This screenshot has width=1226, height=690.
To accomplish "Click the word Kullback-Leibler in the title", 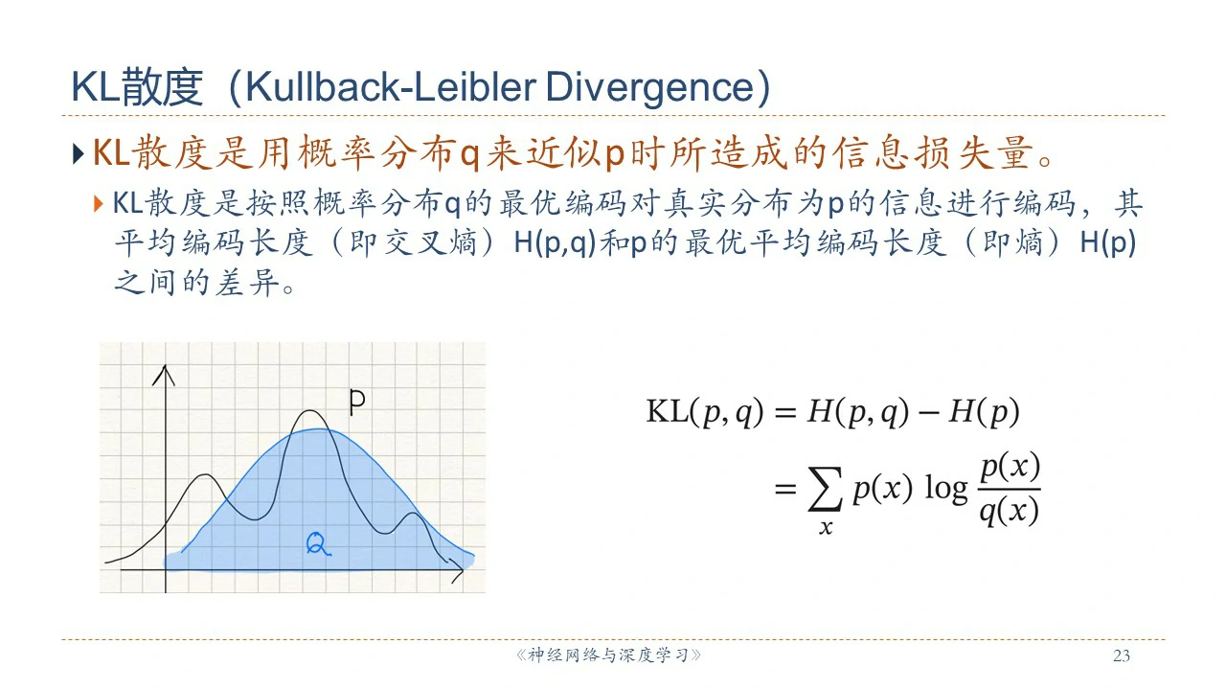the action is [390, 86].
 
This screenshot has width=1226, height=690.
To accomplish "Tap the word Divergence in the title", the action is [649, 87].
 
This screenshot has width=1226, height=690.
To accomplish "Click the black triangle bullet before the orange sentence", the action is [79, 154].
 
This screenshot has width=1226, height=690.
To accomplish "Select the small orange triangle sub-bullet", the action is [99, 204].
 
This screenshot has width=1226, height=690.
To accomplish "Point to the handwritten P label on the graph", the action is [357, 402].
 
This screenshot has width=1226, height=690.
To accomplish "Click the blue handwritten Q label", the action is [318, 543].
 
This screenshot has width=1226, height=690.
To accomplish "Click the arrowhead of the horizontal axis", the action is [456, 570].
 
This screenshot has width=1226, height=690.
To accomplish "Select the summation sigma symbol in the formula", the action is [825, 489].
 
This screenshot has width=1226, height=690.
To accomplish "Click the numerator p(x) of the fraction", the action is [1010, 467].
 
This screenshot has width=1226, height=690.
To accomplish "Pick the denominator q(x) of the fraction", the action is [1010, 512].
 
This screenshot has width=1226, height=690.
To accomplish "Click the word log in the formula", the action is [945, 489].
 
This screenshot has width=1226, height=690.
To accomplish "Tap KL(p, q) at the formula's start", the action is [705, 412].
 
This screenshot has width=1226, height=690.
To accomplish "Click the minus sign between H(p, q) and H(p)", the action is [928, 412].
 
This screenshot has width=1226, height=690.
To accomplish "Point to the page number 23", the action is [1122, 655].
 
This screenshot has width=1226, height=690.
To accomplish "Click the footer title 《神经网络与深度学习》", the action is [608, 655].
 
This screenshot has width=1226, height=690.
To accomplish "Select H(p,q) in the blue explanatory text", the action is [555, 242].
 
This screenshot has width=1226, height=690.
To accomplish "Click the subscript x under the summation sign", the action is [826, 527].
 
